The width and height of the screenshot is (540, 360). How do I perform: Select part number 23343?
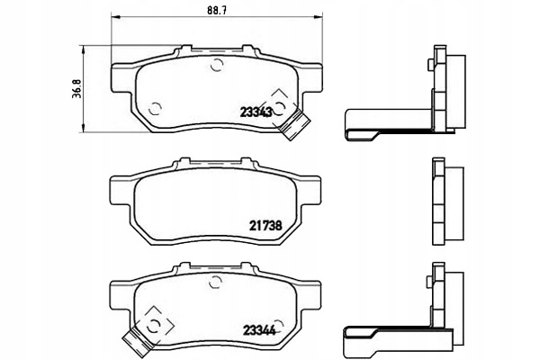coord(256,112)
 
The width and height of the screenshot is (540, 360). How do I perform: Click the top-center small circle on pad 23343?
coord(215,64)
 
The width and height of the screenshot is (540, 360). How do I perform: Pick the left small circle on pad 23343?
coord(154,108)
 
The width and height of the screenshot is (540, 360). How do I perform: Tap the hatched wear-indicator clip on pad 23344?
coord(137,339)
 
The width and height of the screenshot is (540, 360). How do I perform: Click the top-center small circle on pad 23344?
coord(215,280)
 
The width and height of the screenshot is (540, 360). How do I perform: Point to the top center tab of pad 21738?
coord(215,165)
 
